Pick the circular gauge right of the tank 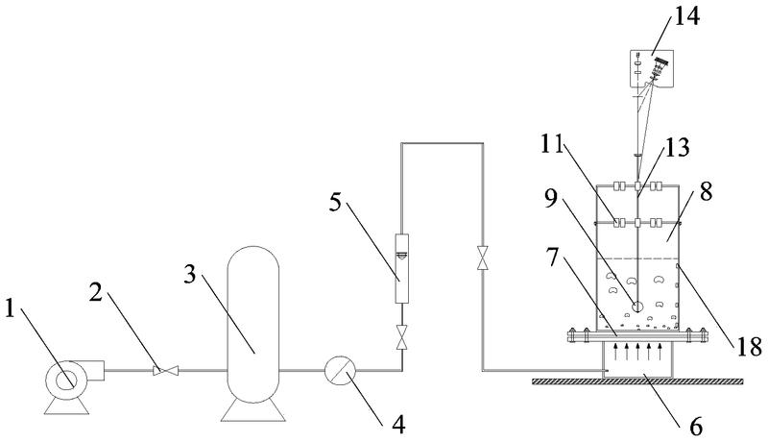(340, 371)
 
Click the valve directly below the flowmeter (401, 338)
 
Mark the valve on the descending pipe (480, 258)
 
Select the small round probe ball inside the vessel (637, 307)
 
